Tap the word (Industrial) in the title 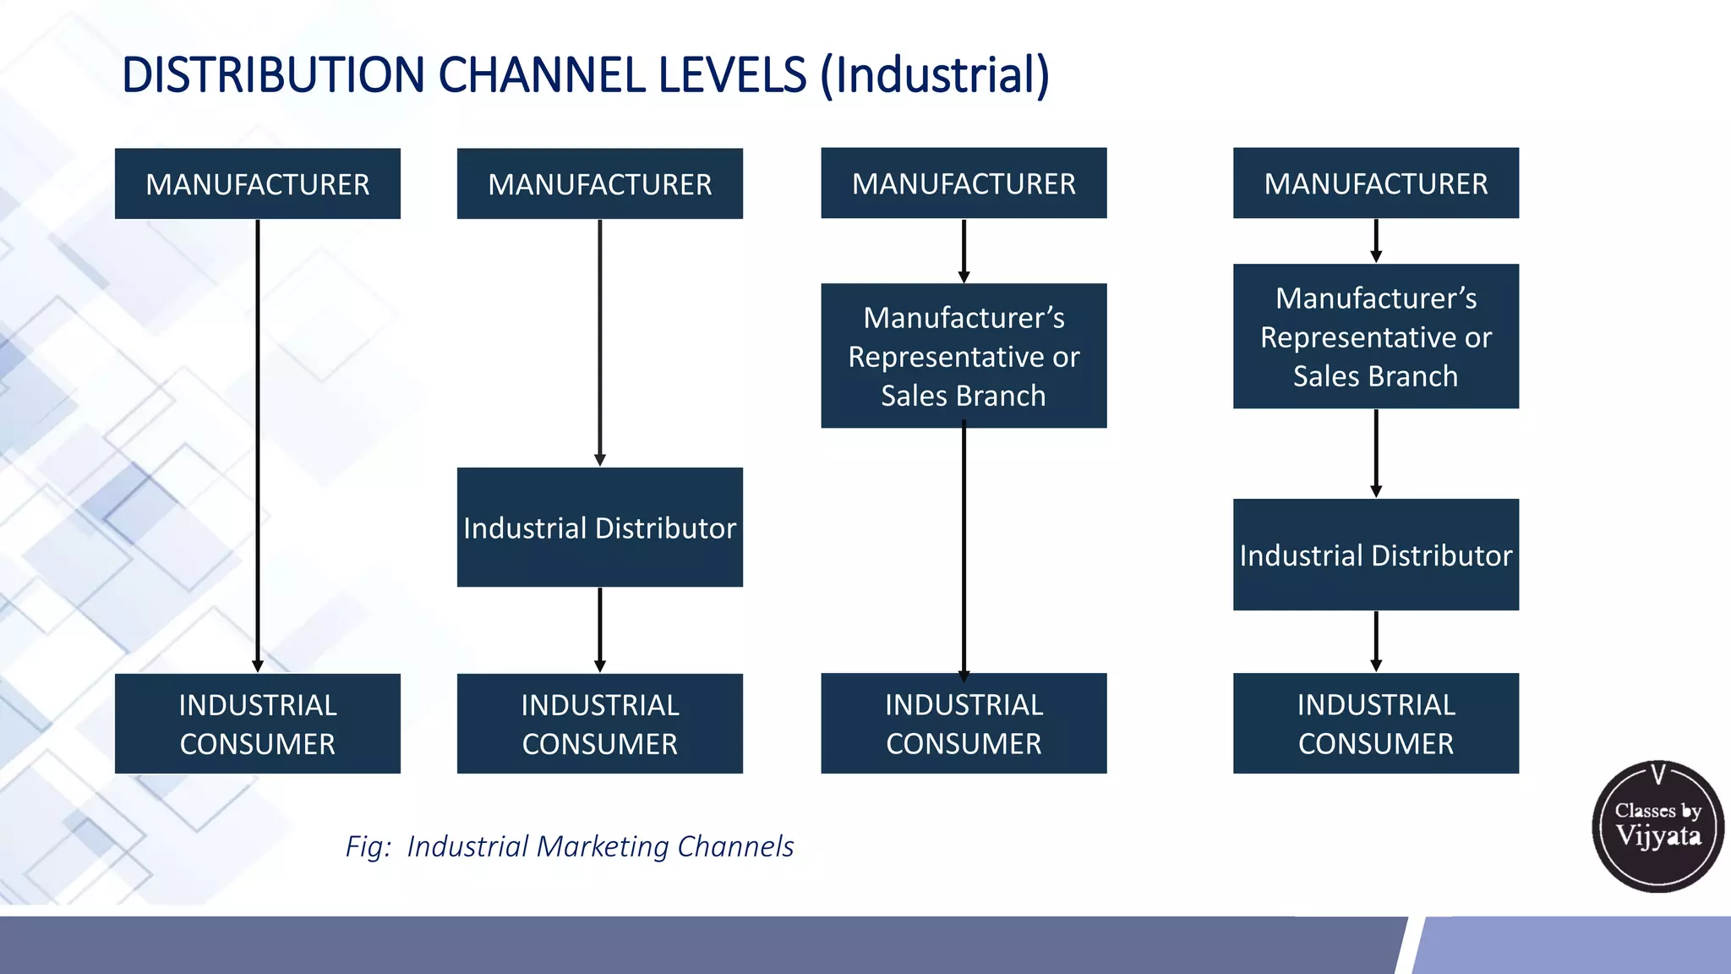pos(935,75)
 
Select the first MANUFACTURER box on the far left pos(258,183)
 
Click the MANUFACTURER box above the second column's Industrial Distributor pos(600,183)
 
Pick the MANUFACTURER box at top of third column pos(964,183)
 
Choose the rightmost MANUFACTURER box pos(1376,183)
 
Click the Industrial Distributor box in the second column pos(600,527)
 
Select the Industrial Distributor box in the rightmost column pos(1376,555)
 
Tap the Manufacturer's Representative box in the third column pos(964,356)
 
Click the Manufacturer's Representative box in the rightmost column pos(1376,337)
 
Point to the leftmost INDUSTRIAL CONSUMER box pos(258,724)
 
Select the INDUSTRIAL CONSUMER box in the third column pos(964,724)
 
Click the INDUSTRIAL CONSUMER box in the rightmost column pos(1376,724)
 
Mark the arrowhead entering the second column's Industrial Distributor pos(600,460)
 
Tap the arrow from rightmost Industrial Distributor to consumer pos(1376,641)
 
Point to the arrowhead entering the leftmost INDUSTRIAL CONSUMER pos(258,666)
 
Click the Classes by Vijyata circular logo pos(1657,825)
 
